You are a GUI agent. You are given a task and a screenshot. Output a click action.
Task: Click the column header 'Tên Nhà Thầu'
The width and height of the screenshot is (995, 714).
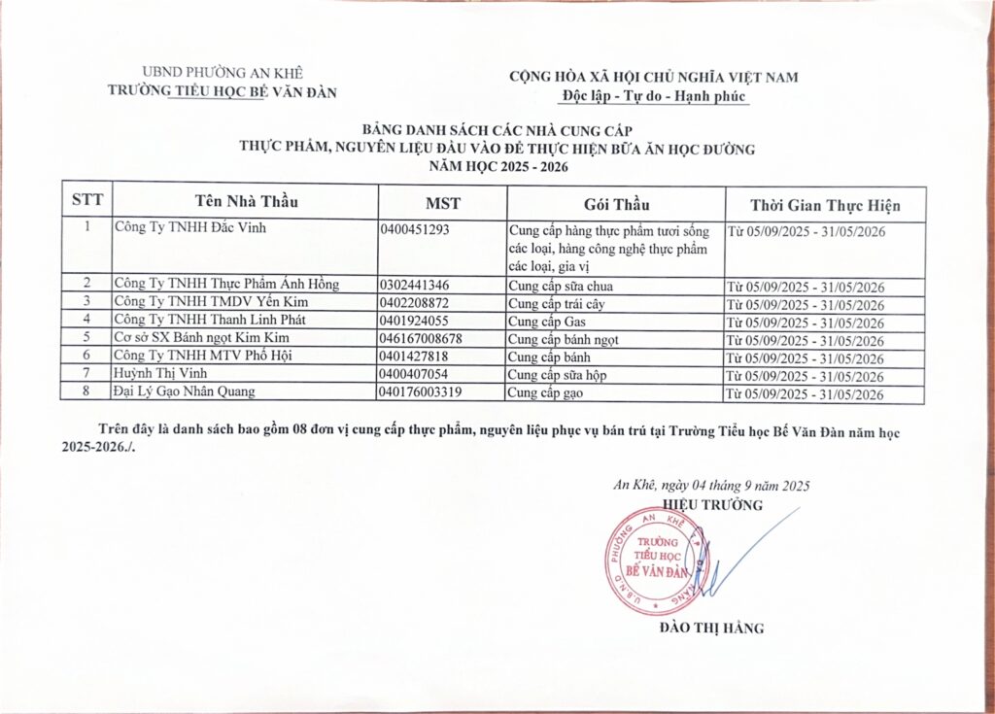pos(246,203)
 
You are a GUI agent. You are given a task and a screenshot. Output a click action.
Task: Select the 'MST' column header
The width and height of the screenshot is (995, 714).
pos(442,204)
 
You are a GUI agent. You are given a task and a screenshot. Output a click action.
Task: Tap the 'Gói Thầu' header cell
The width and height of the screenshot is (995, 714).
pos(616,205)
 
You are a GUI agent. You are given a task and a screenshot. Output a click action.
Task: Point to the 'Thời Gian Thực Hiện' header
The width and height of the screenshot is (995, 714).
pos(825,206)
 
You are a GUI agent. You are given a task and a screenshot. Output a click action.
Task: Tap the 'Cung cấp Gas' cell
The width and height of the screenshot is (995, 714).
pos(547,321)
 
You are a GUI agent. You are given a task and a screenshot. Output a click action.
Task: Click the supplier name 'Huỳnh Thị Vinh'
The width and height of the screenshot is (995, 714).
pos(160,374)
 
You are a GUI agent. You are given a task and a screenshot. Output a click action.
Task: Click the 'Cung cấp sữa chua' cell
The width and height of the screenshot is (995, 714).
pos(561,286)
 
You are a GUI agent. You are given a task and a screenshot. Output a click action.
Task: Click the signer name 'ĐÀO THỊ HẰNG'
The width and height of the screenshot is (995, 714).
pos(711,629)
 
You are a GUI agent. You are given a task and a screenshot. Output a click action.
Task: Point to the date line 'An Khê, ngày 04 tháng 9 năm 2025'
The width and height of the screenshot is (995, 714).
pos(712,486)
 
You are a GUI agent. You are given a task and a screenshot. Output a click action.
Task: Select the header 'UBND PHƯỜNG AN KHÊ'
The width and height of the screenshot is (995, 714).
pos(223,73)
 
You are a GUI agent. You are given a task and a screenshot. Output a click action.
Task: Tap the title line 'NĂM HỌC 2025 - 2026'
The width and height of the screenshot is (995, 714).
pos(497,166)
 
